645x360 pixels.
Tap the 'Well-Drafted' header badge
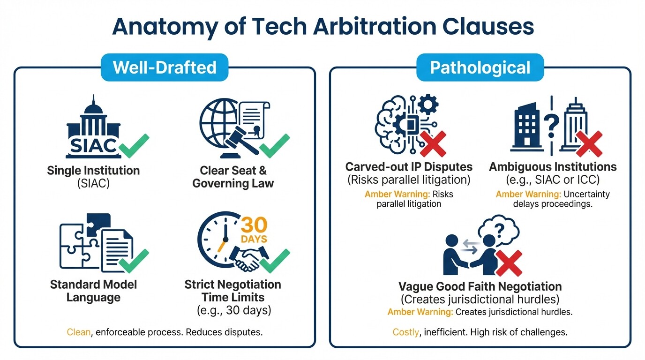click(165, 67)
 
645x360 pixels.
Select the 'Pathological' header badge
click(480, 67)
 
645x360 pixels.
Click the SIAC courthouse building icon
click(93, 129)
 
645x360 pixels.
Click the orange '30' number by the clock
click(254, 225)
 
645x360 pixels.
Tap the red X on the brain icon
click(432, 144)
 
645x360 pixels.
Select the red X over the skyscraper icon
click(589, 143)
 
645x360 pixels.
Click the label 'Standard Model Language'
click(93, 291)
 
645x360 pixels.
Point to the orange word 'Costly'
click(405, 332)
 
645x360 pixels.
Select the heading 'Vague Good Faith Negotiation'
click(480, 286)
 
